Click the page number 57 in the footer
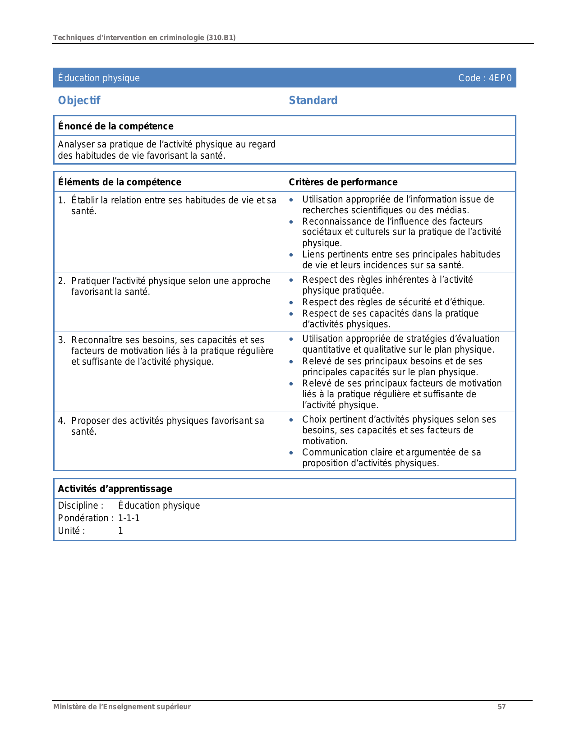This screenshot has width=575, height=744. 501,707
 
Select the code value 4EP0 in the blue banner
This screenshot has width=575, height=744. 500,78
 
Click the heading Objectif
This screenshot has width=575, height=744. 79,101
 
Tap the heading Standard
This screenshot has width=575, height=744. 313,101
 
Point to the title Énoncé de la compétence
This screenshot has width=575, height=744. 115,126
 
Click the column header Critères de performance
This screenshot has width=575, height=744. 343,182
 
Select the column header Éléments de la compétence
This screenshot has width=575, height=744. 120,182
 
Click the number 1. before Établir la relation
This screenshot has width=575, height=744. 61,200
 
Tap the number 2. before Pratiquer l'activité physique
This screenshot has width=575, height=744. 61,281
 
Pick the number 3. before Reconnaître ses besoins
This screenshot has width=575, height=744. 61,340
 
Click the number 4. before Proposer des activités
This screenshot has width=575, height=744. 61,421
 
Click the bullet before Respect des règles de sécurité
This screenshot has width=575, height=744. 291,303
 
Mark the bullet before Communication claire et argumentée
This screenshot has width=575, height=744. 291,453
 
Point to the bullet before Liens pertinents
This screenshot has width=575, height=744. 291,255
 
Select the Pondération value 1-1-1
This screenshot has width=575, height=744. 129,518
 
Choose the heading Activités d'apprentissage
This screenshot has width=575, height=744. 115,489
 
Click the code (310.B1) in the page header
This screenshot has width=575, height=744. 221,38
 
